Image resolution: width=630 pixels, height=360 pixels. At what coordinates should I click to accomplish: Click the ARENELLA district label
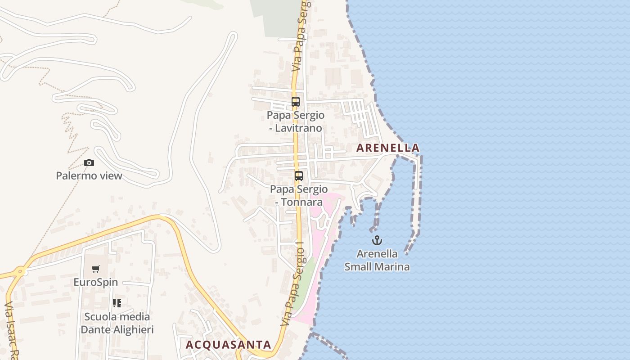(387, 148)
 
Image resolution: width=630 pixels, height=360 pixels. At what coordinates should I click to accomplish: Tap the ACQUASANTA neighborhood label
(229, 345)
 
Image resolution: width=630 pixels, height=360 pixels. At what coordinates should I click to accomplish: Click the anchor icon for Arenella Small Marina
(377, 240)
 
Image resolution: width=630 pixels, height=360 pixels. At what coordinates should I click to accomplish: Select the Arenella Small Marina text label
(377, 260)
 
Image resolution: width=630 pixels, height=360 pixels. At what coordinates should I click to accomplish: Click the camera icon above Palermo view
(89, 162)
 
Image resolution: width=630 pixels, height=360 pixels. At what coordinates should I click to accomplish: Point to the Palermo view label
(89, 175)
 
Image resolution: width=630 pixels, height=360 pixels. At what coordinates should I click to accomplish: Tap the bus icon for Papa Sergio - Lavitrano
(295, 102)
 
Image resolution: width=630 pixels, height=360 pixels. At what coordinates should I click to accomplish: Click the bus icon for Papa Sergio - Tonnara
(299, 176)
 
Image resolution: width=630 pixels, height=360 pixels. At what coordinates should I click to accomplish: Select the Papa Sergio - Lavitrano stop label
(296, 121)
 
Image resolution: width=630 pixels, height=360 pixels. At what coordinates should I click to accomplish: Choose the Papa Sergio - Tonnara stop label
(299, 195)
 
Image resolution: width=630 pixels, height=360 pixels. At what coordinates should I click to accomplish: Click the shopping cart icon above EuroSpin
(95, 269)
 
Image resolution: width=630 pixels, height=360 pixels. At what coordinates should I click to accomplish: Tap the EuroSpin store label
(96, 282)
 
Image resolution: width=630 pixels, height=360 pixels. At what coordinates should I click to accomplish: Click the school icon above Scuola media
(117, 303)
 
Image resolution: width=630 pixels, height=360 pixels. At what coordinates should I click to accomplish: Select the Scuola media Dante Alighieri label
(117, 323)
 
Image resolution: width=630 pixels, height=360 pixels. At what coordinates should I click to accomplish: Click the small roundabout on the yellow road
(20, 271)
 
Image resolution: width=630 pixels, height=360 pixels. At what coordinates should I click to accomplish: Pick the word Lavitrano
(300, 128)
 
